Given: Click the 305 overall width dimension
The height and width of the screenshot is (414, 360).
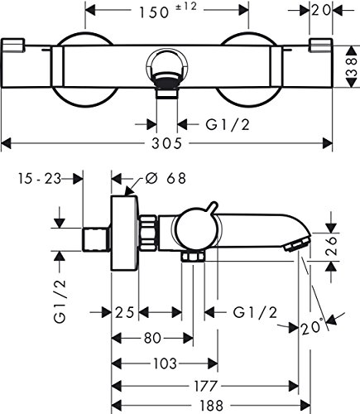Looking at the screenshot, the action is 166,143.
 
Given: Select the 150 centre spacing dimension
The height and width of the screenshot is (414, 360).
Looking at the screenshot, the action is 154,12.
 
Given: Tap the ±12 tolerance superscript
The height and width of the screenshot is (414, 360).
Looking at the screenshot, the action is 186,7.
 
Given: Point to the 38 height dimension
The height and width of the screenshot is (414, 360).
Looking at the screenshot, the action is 352,66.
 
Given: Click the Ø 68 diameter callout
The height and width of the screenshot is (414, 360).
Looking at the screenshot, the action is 166,179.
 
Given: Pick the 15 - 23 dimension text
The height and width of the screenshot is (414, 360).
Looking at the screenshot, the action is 40,179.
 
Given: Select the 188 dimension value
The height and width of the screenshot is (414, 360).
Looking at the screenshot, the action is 212,406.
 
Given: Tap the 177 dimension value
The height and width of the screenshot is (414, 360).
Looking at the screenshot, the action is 206,386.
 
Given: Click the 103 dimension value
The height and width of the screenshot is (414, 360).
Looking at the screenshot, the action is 165,363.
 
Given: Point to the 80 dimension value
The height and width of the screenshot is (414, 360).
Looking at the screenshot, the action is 152,338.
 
